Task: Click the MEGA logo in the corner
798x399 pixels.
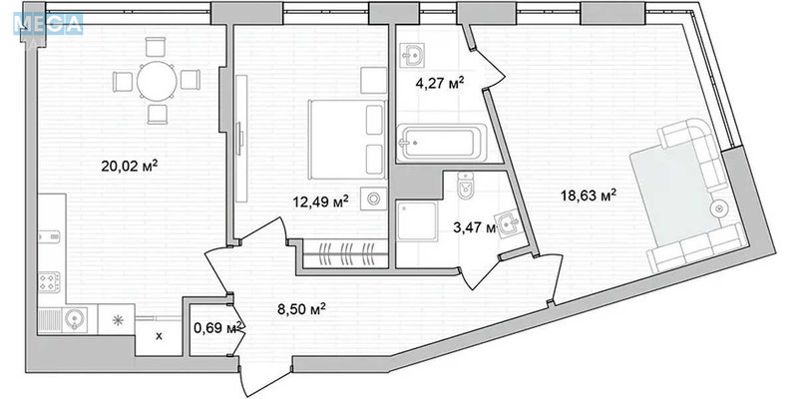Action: pyautogui.click(x=42, y=22)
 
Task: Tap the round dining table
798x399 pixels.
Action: pyautogui.click(x=156, y=81)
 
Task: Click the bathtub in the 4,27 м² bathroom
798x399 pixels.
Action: pyautogui.click(x=440, y=145)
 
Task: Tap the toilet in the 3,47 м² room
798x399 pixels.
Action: pyautogui.click(x=462, y=186)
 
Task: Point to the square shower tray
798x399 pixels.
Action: pyautogui.click(x=418, y=224)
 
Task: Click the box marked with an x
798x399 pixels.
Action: pyautogui.click(x=159, y=335)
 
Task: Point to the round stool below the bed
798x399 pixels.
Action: pyautogui.click(x=373, y=199)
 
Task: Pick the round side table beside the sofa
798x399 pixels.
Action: pyautogui.click(x=718, y=207)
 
